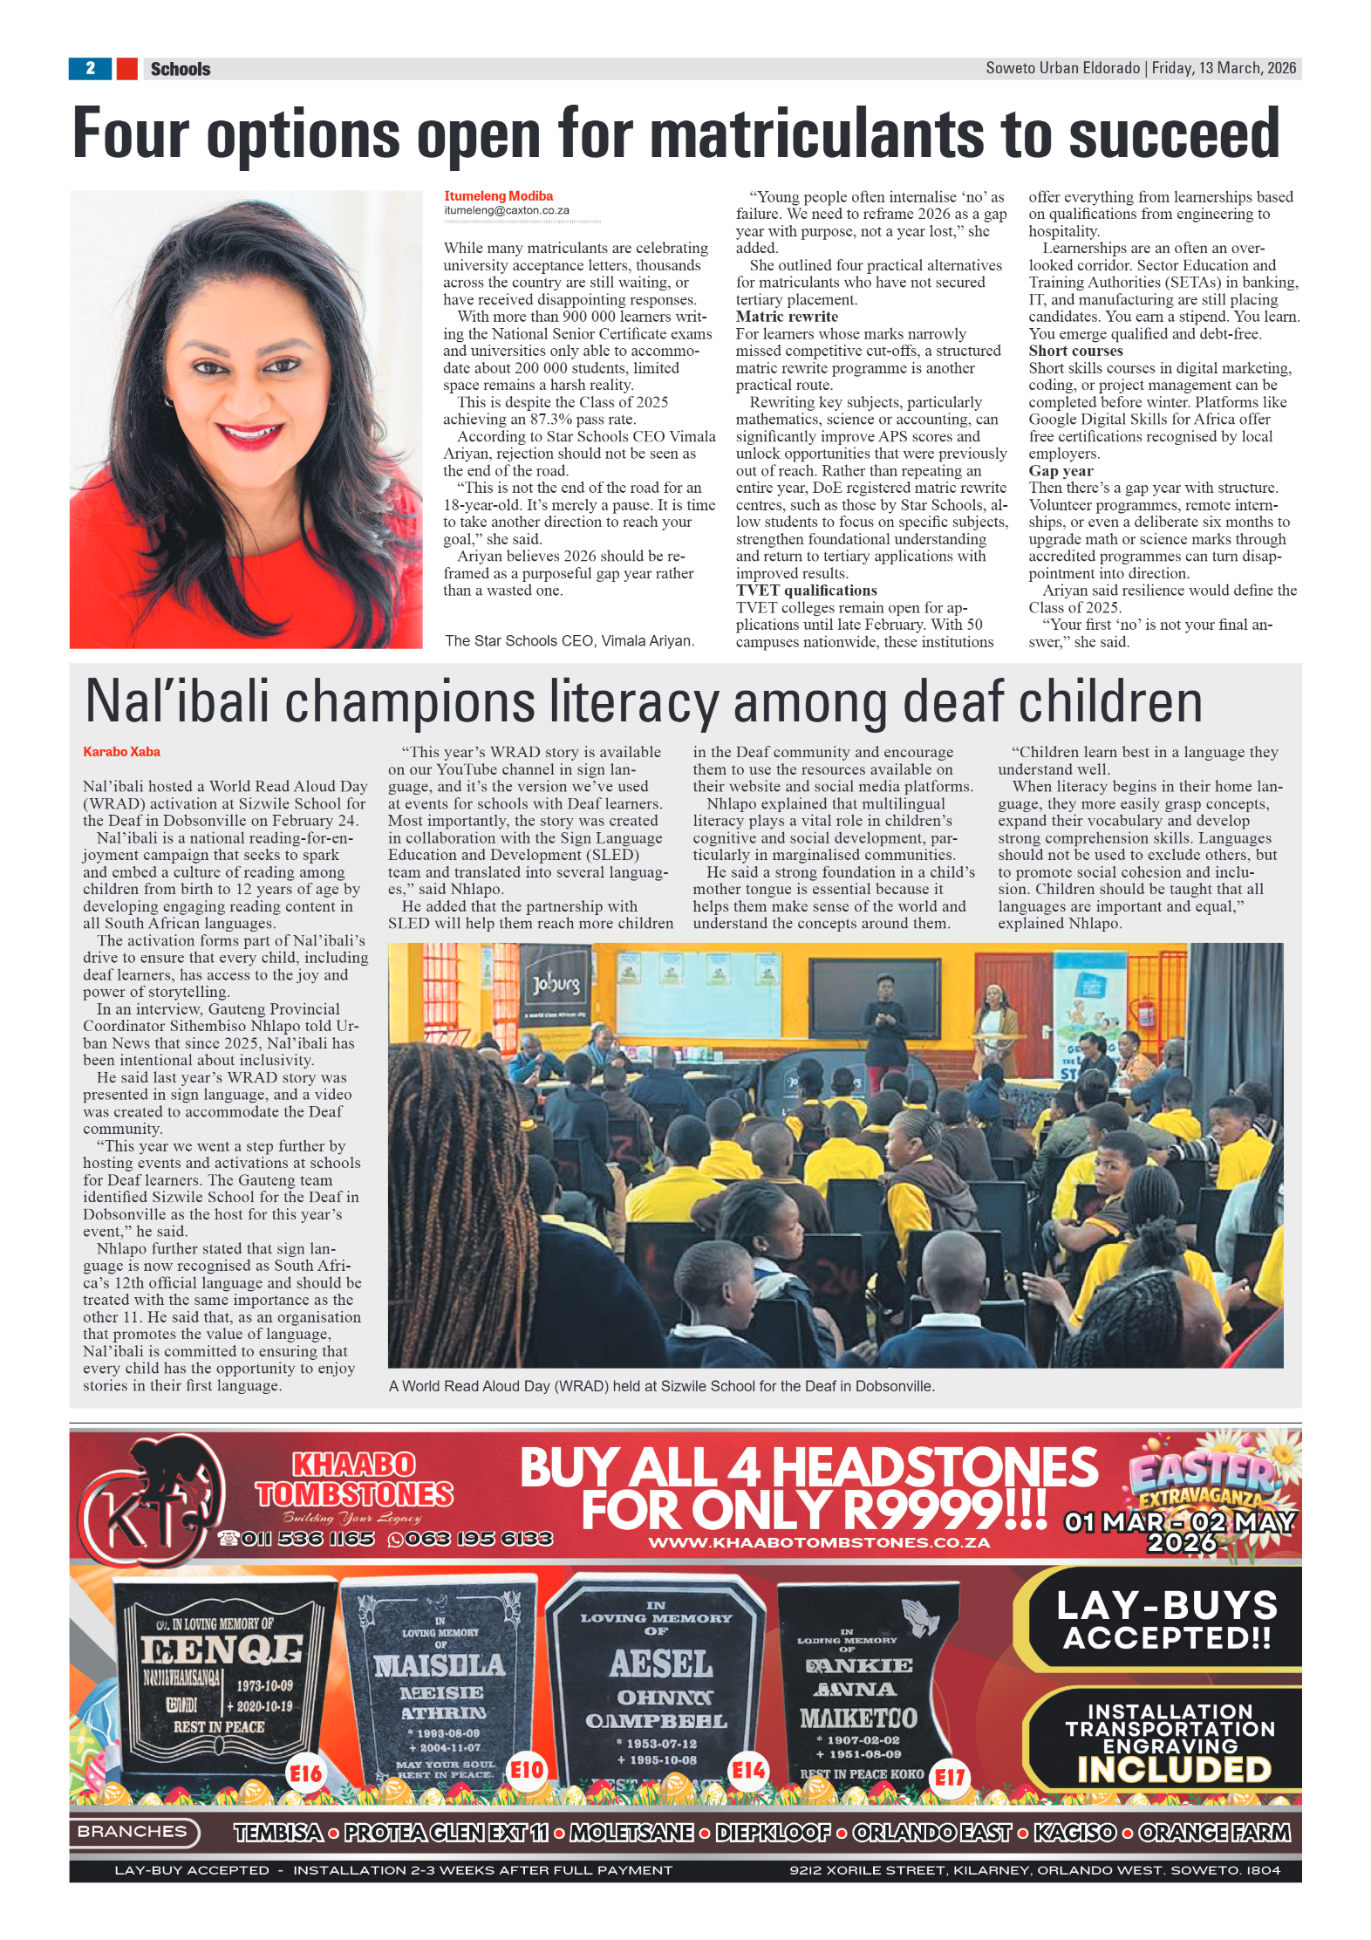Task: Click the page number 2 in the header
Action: coord(90,68)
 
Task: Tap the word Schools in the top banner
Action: coord(181,69)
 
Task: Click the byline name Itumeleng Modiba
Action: coord(498,196)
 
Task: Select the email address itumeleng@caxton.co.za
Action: coord(506,210)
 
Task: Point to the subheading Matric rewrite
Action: coord(786,317)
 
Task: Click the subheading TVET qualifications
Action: coord(806,591)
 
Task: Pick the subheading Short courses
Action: coord(1075,351)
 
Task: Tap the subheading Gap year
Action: coord(1061,471)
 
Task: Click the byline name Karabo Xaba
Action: coord(121,752)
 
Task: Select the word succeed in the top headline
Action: coord(1174,135)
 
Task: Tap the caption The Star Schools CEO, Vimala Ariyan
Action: coord(569,641)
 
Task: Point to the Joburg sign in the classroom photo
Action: coord(556,985)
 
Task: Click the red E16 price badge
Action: coord(306,1773)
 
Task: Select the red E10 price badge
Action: coord(527,1770)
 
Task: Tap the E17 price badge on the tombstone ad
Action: coord(950,1777)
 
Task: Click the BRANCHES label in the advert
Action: coord(133,1832)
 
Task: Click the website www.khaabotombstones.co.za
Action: coord(819,1543)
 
